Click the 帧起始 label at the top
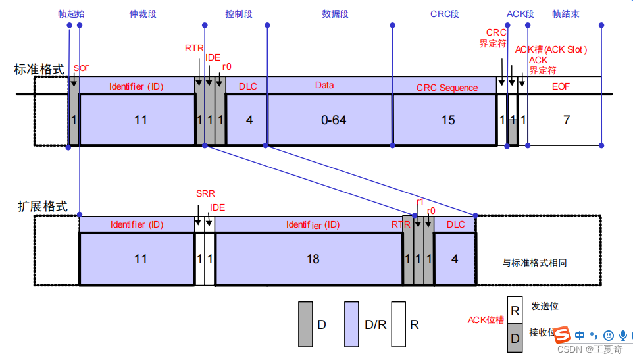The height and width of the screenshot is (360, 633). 71,14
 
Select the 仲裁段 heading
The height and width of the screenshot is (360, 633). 143,14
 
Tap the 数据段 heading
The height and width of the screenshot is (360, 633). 335,14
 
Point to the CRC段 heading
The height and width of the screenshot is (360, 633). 444,14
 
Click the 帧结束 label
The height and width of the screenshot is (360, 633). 566,14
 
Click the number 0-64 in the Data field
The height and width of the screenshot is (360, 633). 334,120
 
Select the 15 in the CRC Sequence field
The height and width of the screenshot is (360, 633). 448,120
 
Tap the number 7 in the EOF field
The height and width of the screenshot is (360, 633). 567,120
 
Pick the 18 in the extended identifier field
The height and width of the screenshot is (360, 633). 313,259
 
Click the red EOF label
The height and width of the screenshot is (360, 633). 561,86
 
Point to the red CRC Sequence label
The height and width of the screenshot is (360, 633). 447,88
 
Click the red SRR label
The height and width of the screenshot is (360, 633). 205,193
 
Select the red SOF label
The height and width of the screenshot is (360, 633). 81,68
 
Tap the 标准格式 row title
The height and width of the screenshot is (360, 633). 39,69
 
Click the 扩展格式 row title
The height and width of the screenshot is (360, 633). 42,206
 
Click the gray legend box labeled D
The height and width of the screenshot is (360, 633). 305,324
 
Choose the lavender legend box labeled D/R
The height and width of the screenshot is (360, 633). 351,324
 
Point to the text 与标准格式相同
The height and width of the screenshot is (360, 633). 534,263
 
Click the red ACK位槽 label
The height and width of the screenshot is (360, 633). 486,320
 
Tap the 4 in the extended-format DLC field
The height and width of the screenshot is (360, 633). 455,259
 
